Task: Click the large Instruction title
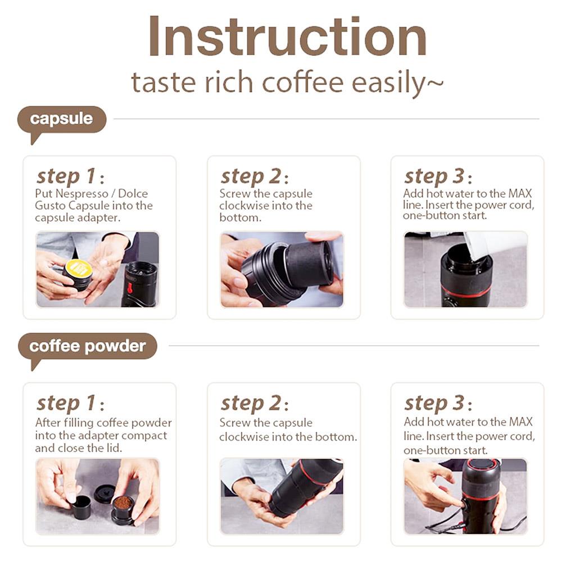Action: (287, 37)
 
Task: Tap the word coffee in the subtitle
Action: (303, 82)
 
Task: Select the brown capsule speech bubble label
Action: (62, 119)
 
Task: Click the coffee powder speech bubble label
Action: (87, 346)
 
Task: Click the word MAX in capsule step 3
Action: (520, 193)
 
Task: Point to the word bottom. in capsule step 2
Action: (241, 217)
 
